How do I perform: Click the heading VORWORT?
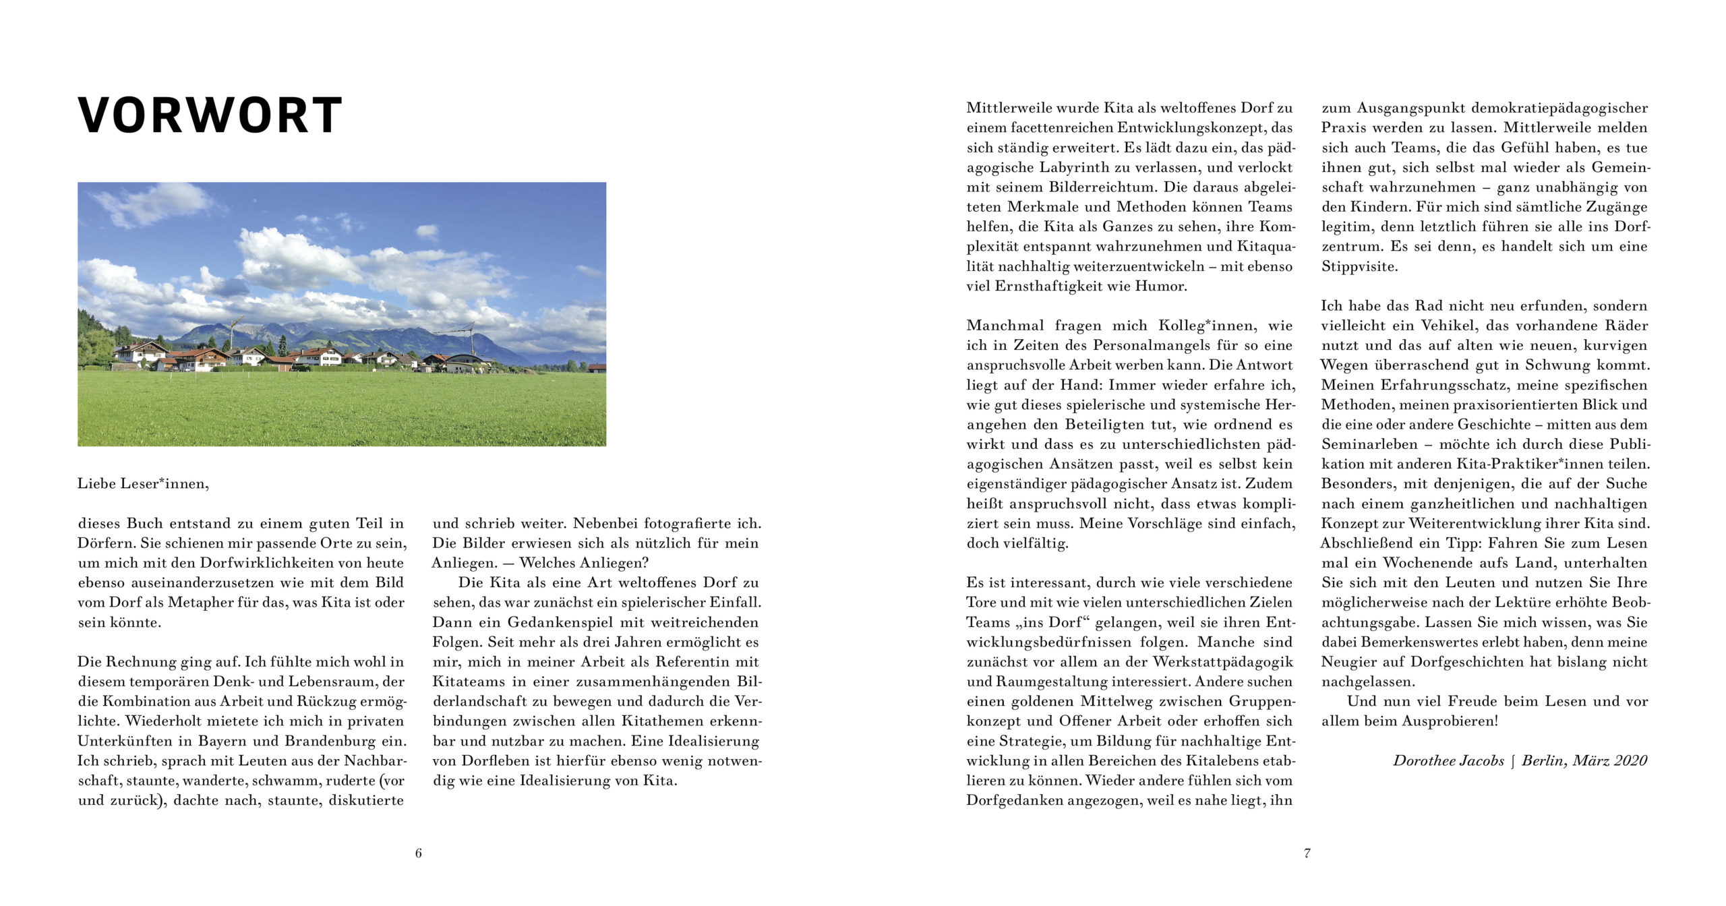coord(210,115)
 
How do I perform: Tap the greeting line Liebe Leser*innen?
coord(143,483)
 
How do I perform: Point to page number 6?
coord(418,853)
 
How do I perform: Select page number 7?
coord(1307,853)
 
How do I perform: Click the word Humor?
coord(1160,286)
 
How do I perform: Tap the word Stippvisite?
coord(1359,266)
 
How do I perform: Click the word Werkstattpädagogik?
coord(1222,661)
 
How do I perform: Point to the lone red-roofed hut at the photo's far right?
coord(597,368)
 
